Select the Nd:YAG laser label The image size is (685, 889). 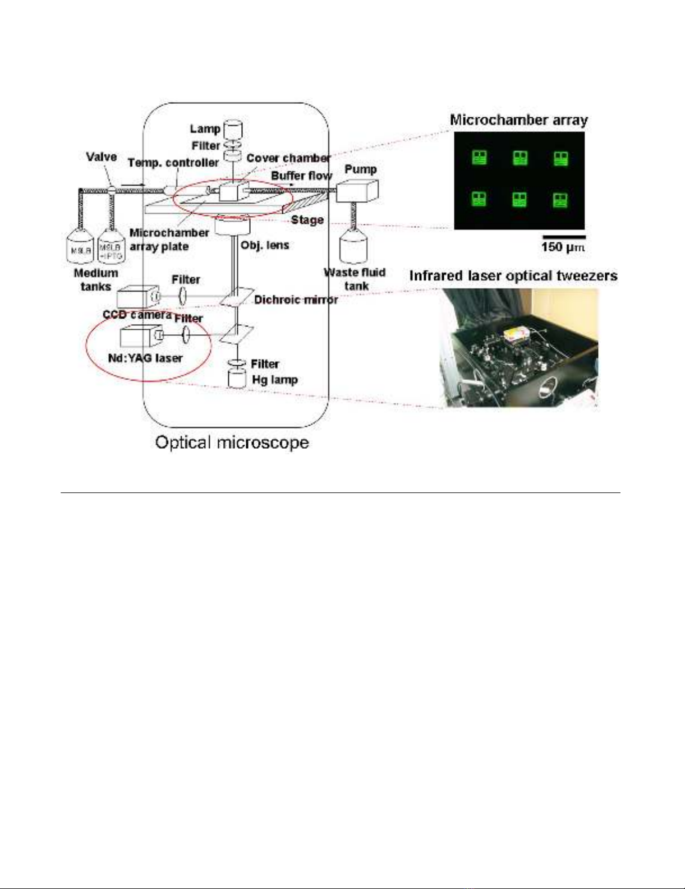(x=145, y=357)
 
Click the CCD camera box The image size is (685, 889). (x=135, y=297)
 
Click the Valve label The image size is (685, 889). (x=102, y=156)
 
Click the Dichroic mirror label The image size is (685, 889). (x=296, y=300)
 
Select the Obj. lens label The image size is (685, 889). (x=265, y=245)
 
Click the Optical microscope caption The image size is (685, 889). (x=232, y=443)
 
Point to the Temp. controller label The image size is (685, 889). (x=173, y=163)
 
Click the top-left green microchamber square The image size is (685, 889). (x=479, y=158)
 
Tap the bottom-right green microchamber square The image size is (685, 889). (x=560, y=200)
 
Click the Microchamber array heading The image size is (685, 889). (x=519, y=120)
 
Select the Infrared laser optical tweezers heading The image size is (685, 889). (x=513, y=275)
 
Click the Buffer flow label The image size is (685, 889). (x=302, y=176)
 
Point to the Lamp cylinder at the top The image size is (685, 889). (x=233, y=130)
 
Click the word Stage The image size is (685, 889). (x=307, y=220)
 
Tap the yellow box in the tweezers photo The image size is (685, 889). (x=514, y=335)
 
